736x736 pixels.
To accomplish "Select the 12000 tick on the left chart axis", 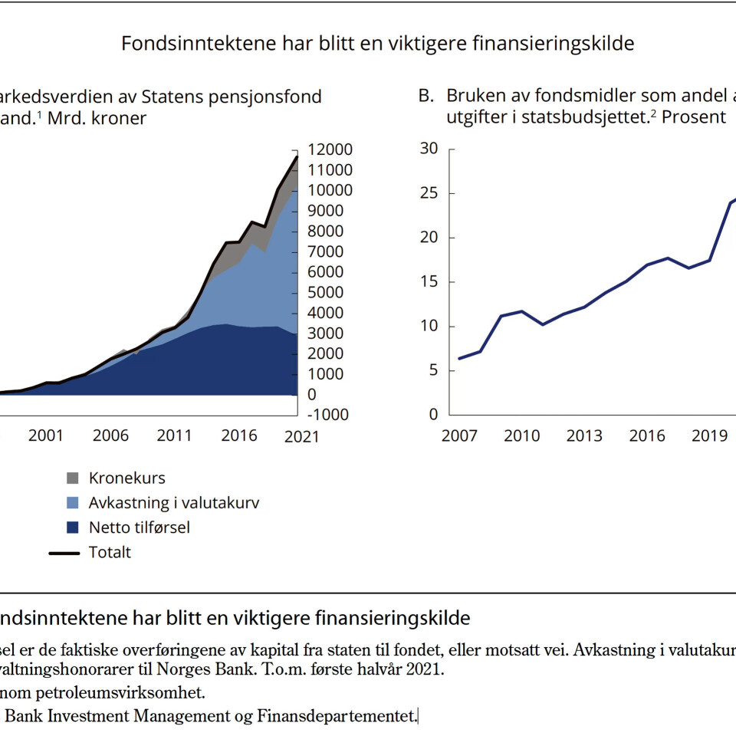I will click(x=329, y=149).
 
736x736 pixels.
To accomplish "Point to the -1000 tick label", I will click(x=327, y=415).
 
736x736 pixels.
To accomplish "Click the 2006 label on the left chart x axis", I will click(x=111, y=436).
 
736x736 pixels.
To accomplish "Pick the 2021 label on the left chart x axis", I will click(x=301, y=436).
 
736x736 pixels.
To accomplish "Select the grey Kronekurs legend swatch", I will click(x=72, y=478).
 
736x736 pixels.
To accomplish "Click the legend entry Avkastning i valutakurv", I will click(x=174, y=503).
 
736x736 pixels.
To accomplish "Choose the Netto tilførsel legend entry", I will click(x=139, y=527).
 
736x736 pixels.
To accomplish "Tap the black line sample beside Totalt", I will click(x=64, y=552).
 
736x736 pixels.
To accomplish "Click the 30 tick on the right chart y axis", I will click(x=429, y=149).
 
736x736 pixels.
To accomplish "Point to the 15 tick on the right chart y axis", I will click(x=429, y=281).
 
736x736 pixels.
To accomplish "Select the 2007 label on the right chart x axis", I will click(x=459, y=436).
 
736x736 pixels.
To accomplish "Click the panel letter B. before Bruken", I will click(x=427, y=96).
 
